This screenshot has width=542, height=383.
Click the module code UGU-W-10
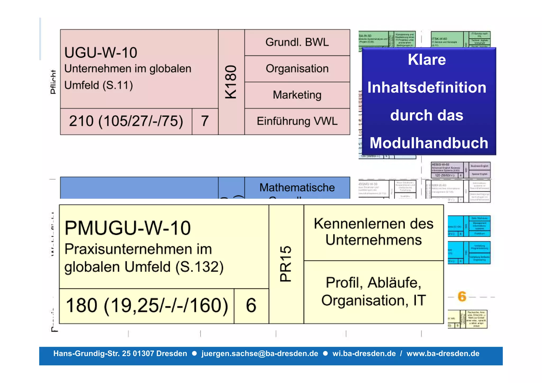click(x=101, y=53)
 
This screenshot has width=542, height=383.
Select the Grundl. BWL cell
click(x=297, y=42)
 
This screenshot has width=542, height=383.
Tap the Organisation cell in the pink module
click(x=297, y=69)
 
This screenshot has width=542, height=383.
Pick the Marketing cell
click(x=297, y=95)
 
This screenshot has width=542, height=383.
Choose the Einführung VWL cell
click(x=297, y=121)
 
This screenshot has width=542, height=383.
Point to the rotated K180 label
click(x=231, y=82)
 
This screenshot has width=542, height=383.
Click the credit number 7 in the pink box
click(x=205, y=121)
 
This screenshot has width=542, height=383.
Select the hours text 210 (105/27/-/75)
click(x=126, y=121)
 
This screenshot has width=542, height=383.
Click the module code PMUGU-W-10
click(x=128, y=228)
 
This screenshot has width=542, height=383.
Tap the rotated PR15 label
click(x=286, y=264)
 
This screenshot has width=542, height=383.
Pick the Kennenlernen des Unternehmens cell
click(x=373, y=232)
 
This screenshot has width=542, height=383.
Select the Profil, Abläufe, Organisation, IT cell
click(x=373, y=292)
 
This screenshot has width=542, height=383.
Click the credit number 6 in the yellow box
click(x=251, y=305)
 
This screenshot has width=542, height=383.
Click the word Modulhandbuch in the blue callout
click(x=429, y=143)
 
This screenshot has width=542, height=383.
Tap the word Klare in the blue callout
click(x=427, y=60)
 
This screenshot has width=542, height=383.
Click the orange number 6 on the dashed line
click(x=462, y=296)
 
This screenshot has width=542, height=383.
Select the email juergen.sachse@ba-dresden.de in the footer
click(x=260, y=354)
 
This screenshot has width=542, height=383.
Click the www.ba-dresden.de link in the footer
click(x=443, y=354)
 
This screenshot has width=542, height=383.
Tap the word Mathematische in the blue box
click(x=297, y=187)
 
